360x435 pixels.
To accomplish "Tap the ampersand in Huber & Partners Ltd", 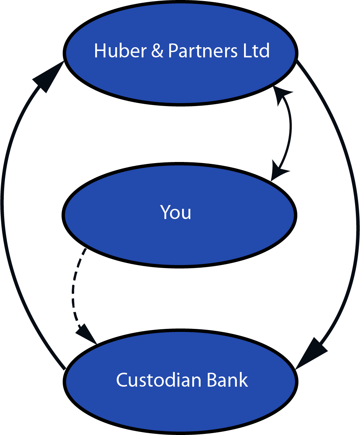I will [157, 51].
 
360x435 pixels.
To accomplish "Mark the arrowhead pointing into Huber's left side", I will [47, 78].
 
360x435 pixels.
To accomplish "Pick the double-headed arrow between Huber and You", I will [290, 128].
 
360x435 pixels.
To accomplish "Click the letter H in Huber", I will [99, 51].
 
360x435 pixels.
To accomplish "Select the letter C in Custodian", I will [122, 380].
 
